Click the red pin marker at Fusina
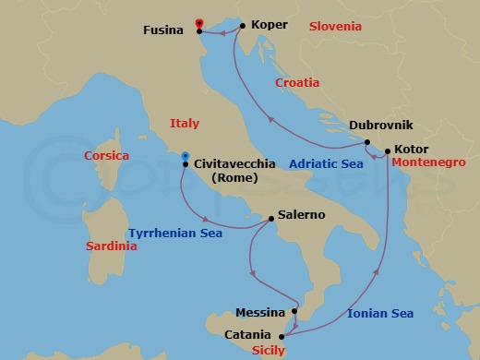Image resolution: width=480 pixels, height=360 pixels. [199, 24]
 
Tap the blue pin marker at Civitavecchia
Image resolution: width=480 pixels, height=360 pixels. [186, 157]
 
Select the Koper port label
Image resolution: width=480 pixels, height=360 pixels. [270, 25]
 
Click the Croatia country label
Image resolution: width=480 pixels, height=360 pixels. [297, 83]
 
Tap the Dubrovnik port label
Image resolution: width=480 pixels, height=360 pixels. [380, 126]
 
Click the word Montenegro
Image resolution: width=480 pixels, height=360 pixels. [428, 162]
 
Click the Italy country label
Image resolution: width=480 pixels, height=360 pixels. [185, 123]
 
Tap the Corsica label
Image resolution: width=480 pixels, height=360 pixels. [106, 157]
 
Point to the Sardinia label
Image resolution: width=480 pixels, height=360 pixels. [111, 246]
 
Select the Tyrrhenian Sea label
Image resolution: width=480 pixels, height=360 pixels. [174, 234]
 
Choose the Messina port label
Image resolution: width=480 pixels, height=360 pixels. [259, 312]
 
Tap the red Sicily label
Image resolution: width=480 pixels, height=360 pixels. [268, 351]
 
